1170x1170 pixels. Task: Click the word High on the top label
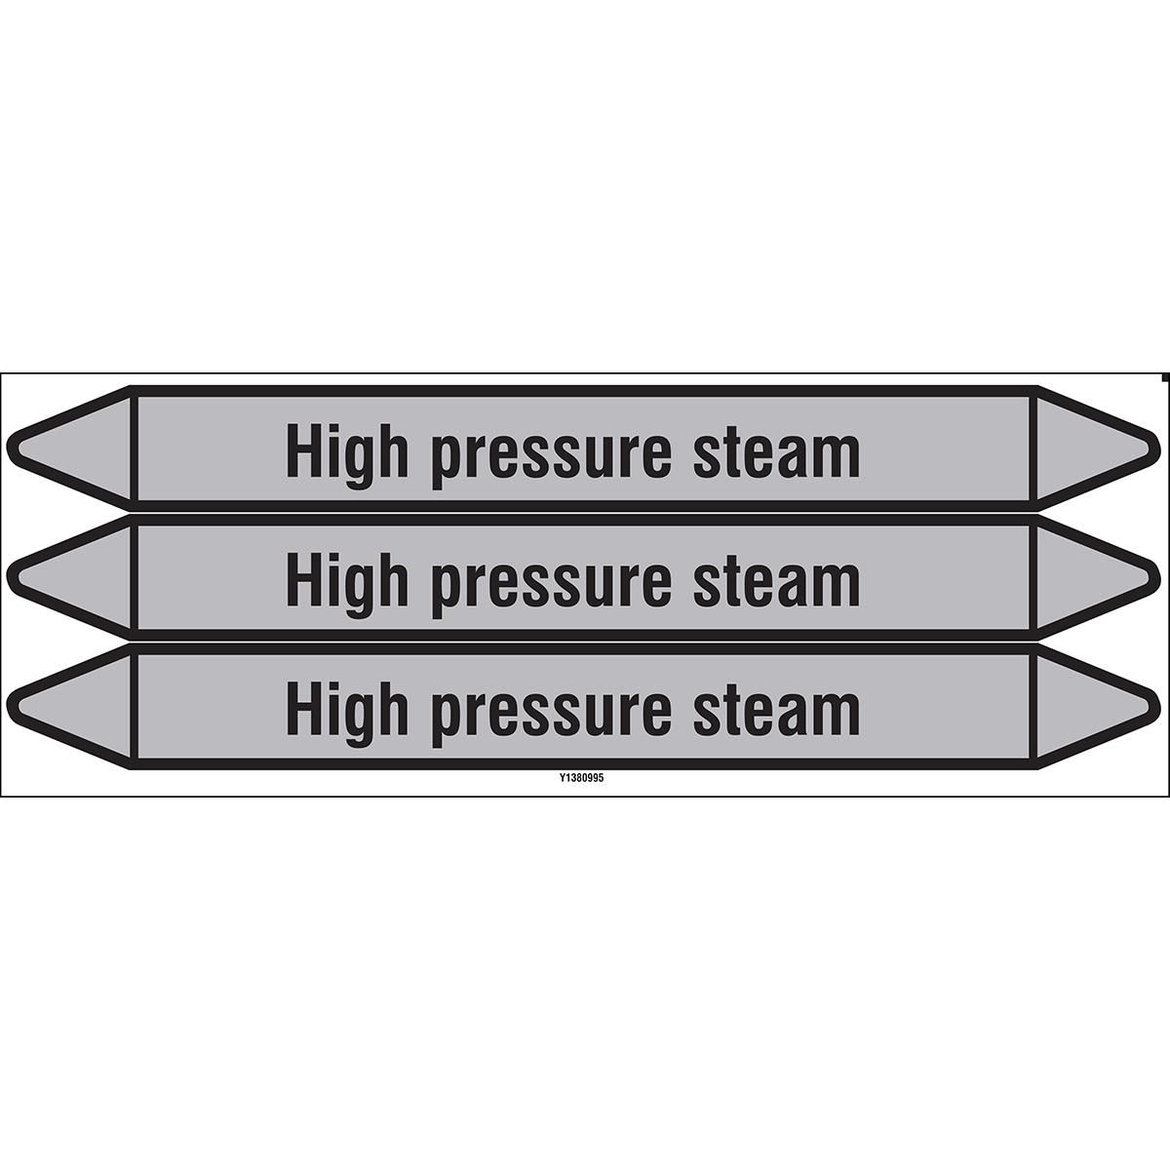point(347,456)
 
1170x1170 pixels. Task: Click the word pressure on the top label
point(551,461)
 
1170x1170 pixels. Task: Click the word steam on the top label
point(776,455)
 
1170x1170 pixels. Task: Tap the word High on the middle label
point(347,585)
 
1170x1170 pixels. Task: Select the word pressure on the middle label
point(551,590)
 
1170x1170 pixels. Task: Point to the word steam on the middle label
point(776,584)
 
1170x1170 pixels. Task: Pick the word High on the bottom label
point(347,714)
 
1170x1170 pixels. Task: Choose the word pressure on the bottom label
point(551,719)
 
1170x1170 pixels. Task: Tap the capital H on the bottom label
point(303,707)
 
